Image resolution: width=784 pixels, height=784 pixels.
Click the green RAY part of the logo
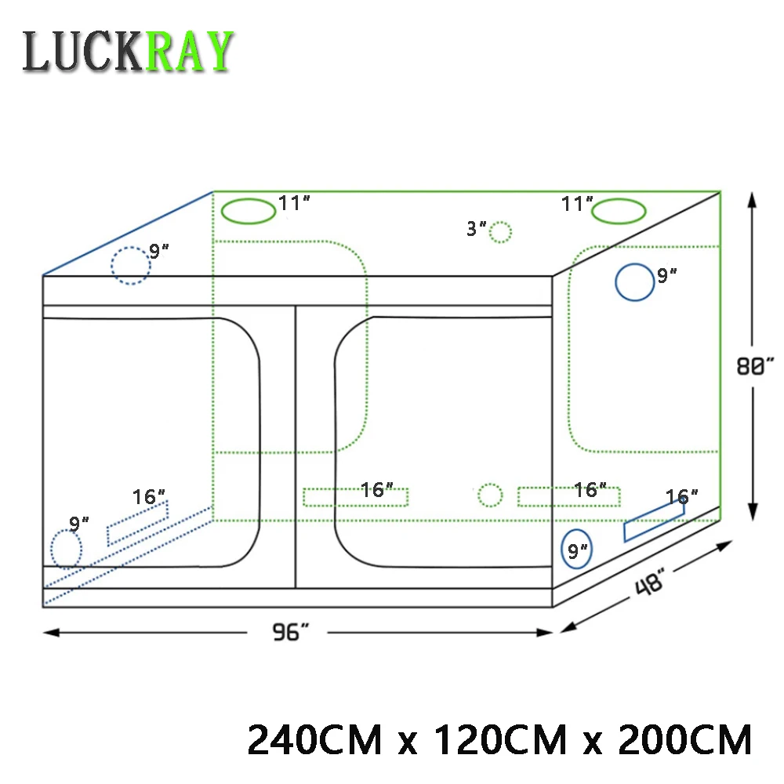(189, 51)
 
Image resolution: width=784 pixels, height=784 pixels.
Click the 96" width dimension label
(291, 632)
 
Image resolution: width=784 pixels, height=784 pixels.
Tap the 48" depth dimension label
(650, 583)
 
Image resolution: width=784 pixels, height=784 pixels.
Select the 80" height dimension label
(754, 365)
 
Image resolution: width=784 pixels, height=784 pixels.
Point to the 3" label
(476, 228)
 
